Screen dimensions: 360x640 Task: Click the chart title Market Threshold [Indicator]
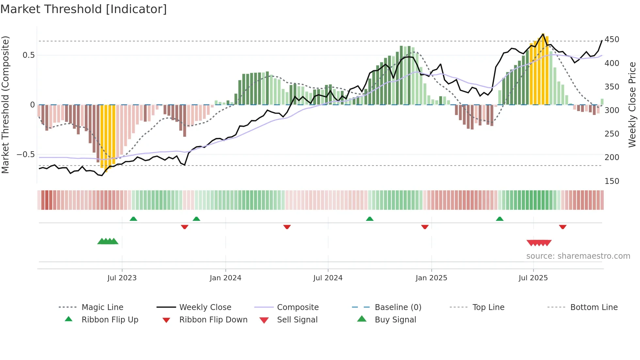(84, 9)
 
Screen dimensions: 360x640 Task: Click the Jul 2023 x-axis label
(122, 278)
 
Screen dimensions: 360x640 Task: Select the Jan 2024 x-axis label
(225, 278)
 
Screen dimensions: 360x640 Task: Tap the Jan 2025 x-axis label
(431, 278)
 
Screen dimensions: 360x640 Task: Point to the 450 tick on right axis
(612, 40)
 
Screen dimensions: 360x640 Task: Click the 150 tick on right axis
(612, 181)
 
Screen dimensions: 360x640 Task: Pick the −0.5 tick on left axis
(25, 155)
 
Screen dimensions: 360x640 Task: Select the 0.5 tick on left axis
(28, 55)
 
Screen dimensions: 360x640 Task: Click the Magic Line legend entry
(102, 307)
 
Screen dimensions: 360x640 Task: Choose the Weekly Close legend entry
(205, 307)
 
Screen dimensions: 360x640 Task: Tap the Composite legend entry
(297, 307)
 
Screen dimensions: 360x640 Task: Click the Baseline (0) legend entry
(398, 307)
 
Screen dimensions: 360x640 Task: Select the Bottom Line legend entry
(594, 307)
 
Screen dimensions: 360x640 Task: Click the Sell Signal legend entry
(297, 320)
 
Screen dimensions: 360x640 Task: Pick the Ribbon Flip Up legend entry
(110, 320)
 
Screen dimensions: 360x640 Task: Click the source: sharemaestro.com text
(578, 256)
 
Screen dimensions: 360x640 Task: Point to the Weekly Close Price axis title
(632, 105)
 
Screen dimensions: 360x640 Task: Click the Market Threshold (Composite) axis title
(5, 105)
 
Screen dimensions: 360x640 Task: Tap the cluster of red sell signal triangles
(539, 243)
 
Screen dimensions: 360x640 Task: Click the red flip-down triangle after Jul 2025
(562, 227)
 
